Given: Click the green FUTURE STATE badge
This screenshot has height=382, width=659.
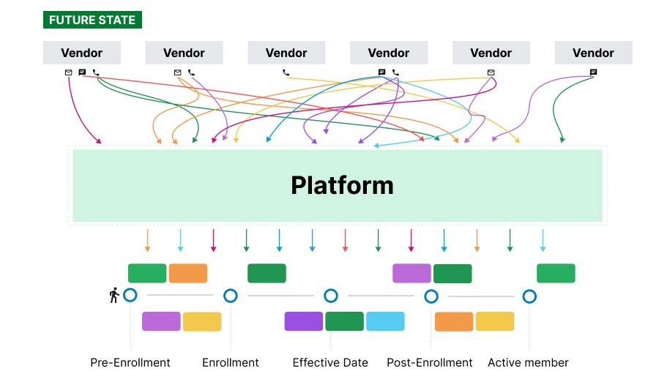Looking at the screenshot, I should (92, 20).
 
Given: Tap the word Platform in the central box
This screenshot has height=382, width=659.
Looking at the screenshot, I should (342, 185).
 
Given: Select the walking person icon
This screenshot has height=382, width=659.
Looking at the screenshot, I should (114, 296).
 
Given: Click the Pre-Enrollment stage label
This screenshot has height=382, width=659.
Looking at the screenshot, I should (130, 362).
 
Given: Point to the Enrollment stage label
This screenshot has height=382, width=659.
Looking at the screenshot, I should (231, 362).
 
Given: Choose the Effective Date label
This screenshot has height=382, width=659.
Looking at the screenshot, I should (330, 362).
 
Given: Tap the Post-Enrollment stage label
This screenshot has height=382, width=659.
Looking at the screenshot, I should (430, 362).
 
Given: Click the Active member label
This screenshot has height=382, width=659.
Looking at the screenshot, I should (528, 362).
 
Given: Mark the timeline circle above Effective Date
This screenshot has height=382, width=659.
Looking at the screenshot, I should (331, 296).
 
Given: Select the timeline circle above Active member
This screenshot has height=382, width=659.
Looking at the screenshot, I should (529, 296).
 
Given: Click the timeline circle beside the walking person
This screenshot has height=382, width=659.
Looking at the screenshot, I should (130, 295).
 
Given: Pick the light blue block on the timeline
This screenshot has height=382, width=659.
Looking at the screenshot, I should (385, 321).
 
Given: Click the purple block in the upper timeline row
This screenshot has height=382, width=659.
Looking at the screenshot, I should (412, 273).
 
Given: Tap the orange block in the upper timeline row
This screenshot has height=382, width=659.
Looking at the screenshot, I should (188, 273).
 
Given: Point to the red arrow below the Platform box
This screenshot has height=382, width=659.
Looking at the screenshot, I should (345, 240).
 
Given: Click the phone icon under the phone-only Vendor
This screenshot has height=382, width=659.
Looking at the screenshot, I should (286, 72).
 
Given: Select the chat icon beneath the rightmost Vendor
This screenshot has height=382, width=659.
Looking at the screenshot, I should (593, 72).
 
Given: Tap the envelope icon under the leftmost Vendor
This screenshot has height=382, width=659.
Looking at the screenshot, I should (68, 72).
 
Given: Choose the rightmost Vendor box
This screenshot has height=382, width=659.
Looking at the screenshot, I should (593, 53).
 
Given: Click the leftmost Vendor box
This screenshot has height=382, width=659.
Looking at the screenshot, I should (82, 53).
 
